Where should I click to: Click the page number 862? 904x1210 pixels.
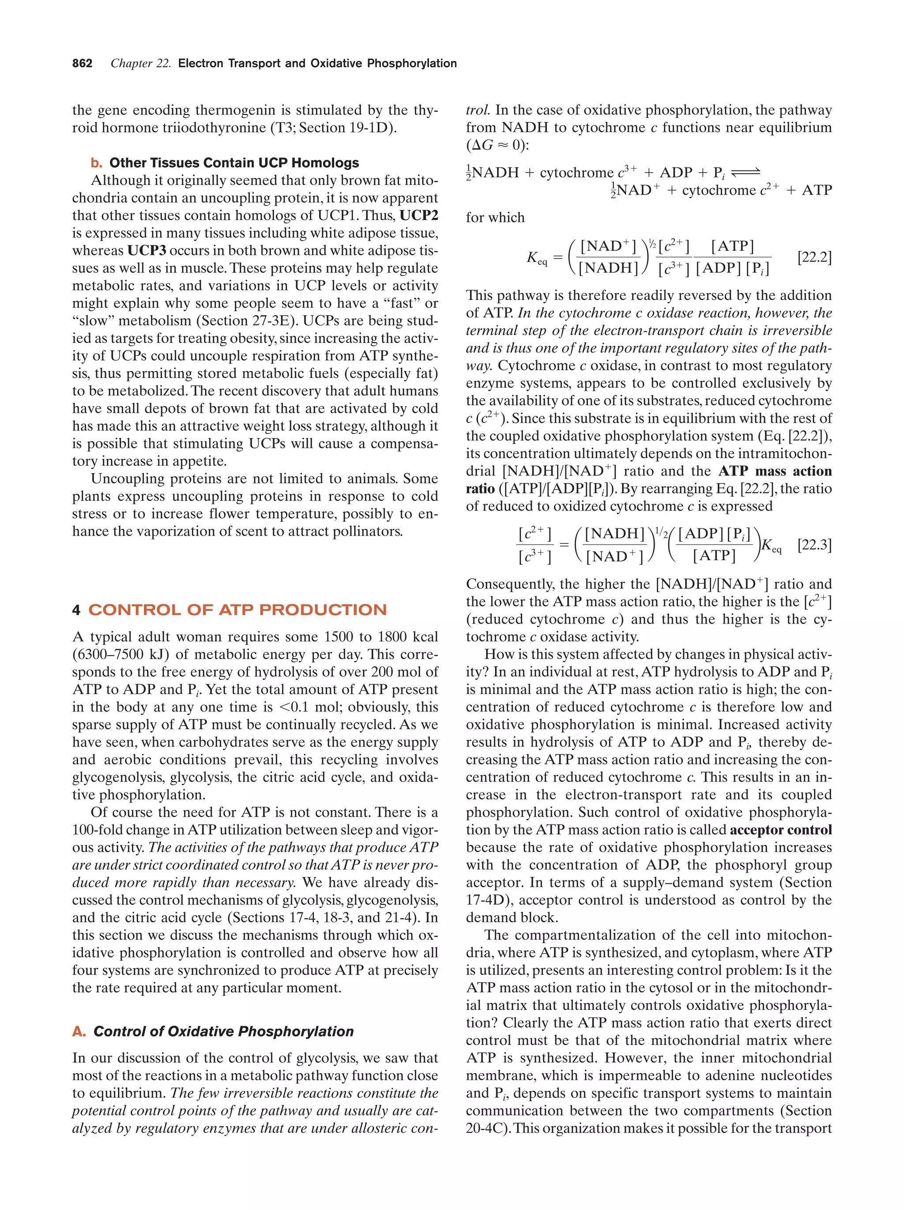(x=82, y=64)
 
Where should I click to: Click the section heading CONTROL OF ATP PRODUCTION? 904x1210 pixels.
(x=237, y=610)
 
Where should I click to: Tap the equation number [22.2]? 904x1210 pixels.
(x=814, y=257)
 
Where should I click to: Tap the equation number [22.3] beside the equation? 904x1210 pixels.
(x=814, y=545)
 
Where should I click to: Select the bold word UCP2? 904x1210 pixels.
(x=419, y=215)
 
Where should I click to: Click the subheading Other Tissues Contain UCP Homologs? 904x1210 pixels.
(x=234, y=163)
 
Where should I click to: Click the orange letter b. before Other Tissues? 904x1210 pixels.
(x=96, y=163)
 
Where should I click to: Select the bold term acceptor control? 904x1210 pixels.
(x=780, y=830)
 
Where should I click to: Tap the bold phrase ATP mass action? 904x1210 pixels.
(x=775, y=471)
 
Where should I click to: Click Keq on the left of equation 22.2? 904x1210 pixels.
(x=536, y=258)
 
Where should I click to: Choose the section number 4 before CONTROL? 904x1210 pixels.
(x=76, y=610)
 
